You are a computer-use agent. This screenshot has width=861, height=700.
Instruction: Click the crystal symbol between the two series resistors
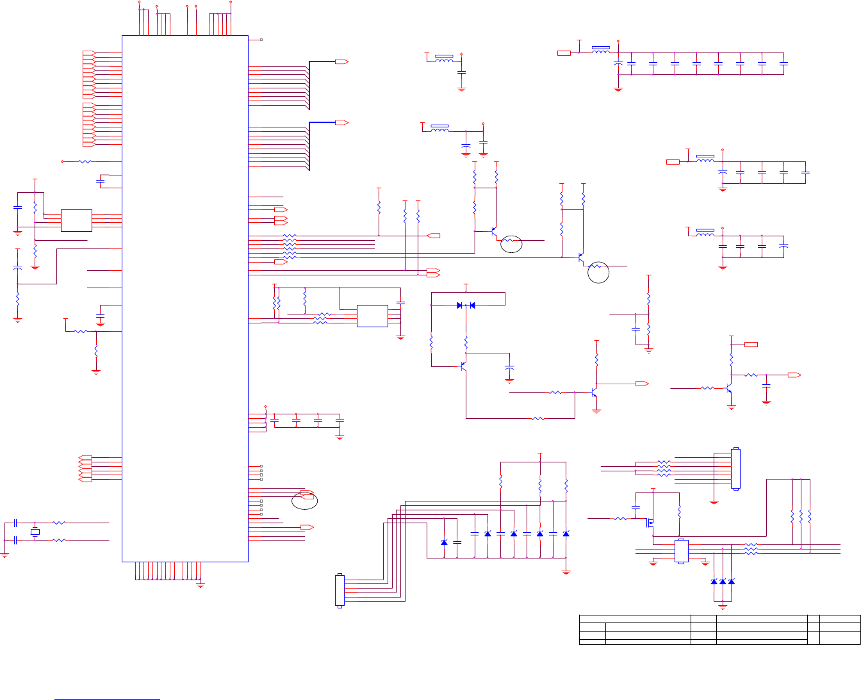(x=35, y=532)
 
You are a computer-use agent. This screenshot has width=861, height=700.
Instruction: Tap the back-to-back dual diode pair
(x=466, y=305)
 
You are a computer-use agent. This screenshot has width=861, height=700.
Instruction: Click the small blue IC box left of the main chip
(x=76, y=220)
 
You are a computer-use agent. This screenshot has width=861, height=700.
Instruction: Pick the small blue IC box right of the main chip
(x=372, y=316)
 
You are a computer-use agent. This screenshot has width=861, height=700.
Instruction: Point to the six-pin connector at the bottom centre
(x=340, y=590)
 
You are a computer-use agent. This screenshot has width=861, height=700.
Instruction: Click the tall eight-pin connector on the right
(x=735, y=469)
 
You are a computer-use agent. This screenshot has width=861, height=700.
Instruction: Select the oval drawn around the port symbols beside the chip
(x=304, y=500)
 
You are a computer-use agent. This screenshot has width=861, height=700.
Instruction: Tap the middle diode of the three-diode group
(x=723, y=581)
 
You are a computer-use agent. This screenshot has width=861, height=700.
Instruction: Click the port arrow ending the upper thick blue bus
(x=341, y=61)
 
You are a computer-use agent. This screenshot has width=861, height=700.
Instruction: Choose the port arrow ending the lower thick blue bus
(x=341, y=122)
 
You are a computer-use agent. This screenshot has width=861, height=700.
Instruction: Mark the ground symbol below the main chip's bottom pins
(x=201, y=584)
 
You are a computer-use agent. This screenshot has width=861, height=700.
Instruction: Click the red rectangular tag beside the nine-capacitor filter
(x=564, y=53)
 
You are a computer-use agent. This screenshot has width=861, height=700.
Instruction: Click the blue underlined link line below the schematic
(x=108, y=682)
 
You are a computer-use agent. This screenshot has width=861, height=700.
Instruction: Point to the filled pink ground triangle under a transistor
(x=596, y=410)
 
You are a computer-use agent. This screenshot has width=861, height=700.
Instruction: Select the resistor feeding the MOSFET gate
(x=620, y=518)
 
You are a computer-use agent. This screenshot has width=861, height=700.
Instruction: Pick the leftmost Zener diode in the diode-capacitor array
(x=444, y=542)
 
